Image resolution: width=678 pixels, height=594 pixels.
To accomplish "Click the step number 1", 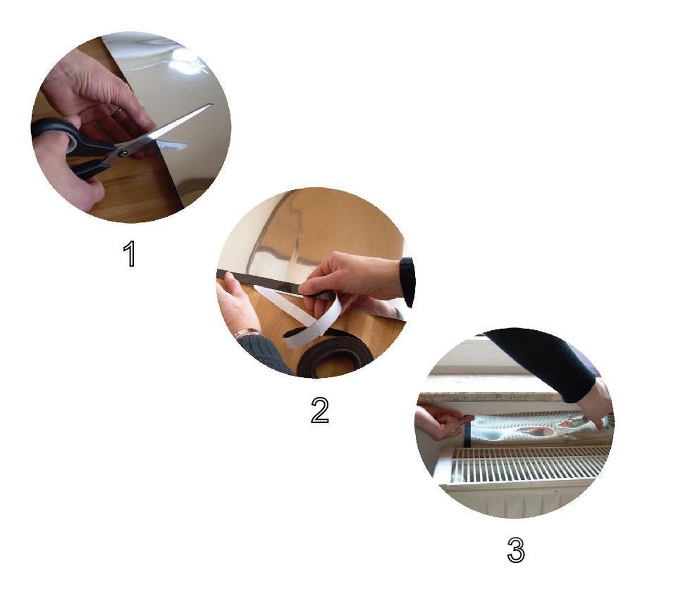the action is point(130,254).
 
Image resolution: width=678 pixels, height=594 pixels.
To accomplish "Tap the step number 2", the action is point(320,410).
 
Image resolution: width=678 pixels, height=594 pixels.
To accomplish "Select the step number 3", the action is point(516,549).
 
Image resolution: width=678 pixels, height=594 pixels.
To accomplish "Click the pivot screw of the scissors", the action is point(123,154).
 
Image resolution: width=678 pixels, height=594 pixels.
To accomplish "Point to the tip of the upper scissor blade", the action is point(211,105).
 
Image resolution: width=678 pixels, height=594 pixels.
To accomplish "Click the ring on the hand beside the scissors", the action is point(118,112).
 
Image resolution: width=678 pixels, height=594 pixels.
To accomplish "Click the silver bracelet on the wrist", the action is point(247,333).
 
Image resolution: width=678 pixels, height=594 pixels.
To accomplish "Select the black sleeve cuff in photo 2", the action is point(407,282).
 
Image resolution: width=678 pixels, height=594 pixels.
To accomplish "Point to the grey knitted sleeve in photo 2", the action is point(264,355).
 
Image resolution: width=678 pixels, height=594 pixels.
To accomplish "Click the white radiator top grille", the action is point(522,463).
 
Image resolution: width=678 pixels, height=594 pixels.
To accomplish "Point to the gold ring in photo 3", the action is point(453,431).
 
